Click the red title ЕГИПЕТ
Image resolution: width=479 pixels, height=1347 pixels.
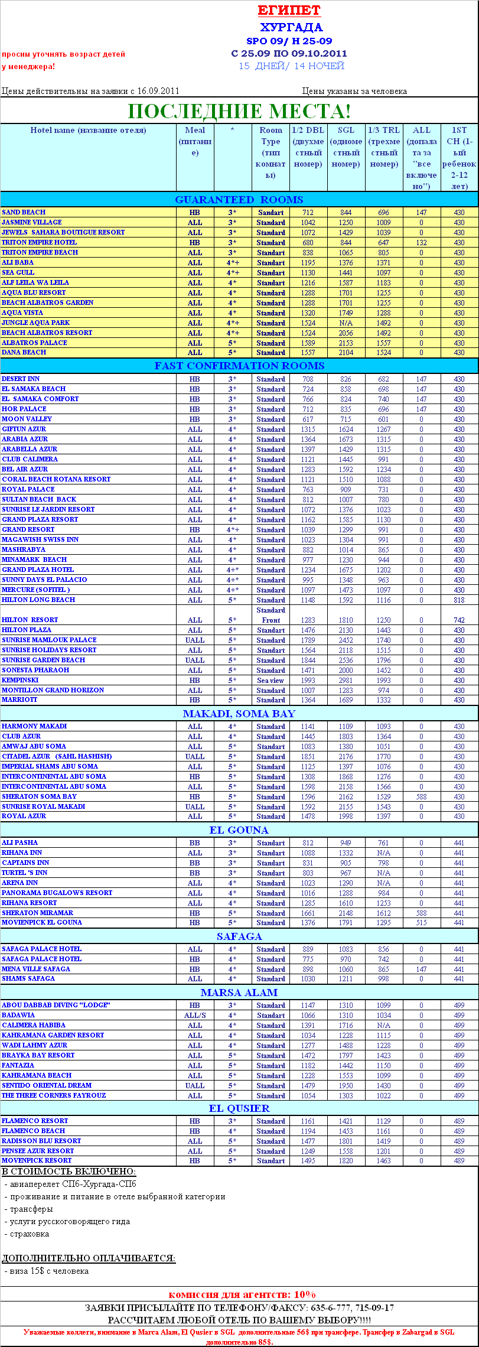[x=289, y=11]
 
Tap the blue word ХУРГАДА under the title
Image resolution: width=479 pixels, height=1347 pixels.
[x=291, y=28]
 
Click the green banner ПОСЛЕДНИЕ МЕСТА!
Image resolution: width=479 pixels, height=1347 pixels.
[x=239, y=111]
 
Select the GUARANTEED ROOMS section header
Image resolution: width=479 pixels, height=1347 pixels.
[x=239, y=200]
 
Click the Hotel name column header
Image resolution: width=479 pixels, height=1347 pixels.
[x=88, y=131]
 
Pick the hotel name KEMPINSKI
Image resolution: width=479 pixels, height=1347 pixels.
[x=20, y=680]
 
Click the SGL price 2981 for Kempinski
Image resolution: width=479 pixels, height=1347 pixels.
[x=346, y=681]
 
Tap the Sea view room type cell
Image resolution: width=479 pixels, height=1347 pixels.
[x=271, y=681]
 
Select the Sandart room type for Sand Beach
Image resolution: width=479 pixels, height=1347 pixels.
[x=271, y=213]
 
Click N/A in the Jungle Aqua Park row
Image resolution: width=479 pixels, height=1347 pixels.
[x=346, y=323]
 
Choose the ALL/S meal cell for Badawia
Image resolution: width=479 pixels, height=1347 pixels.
[x=195, y=1016]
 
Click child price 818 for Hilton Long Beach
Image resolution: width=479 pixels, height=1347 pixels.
[x=459, y=600]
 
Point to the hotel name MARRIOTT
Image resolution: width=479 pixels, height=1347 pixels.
[x=19, y=699]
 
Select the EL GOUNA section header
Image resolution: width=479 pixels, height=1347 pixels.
[x=239, y=830]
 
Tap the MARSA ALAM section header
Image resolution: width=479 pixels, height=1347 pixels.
[x=239, y=993]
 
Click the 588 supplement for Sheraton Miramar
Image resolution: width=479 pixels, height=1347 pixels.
[x=421, y=913]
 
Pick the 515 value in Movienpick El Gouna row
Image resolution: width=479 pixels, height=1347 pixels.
[x=421, y=923]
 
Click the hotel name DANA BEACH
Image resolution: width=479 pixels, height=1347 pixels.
[x=24, y=352]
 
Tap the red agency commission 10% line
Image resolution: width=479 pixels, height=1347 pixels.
[x=242, y=1294]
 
